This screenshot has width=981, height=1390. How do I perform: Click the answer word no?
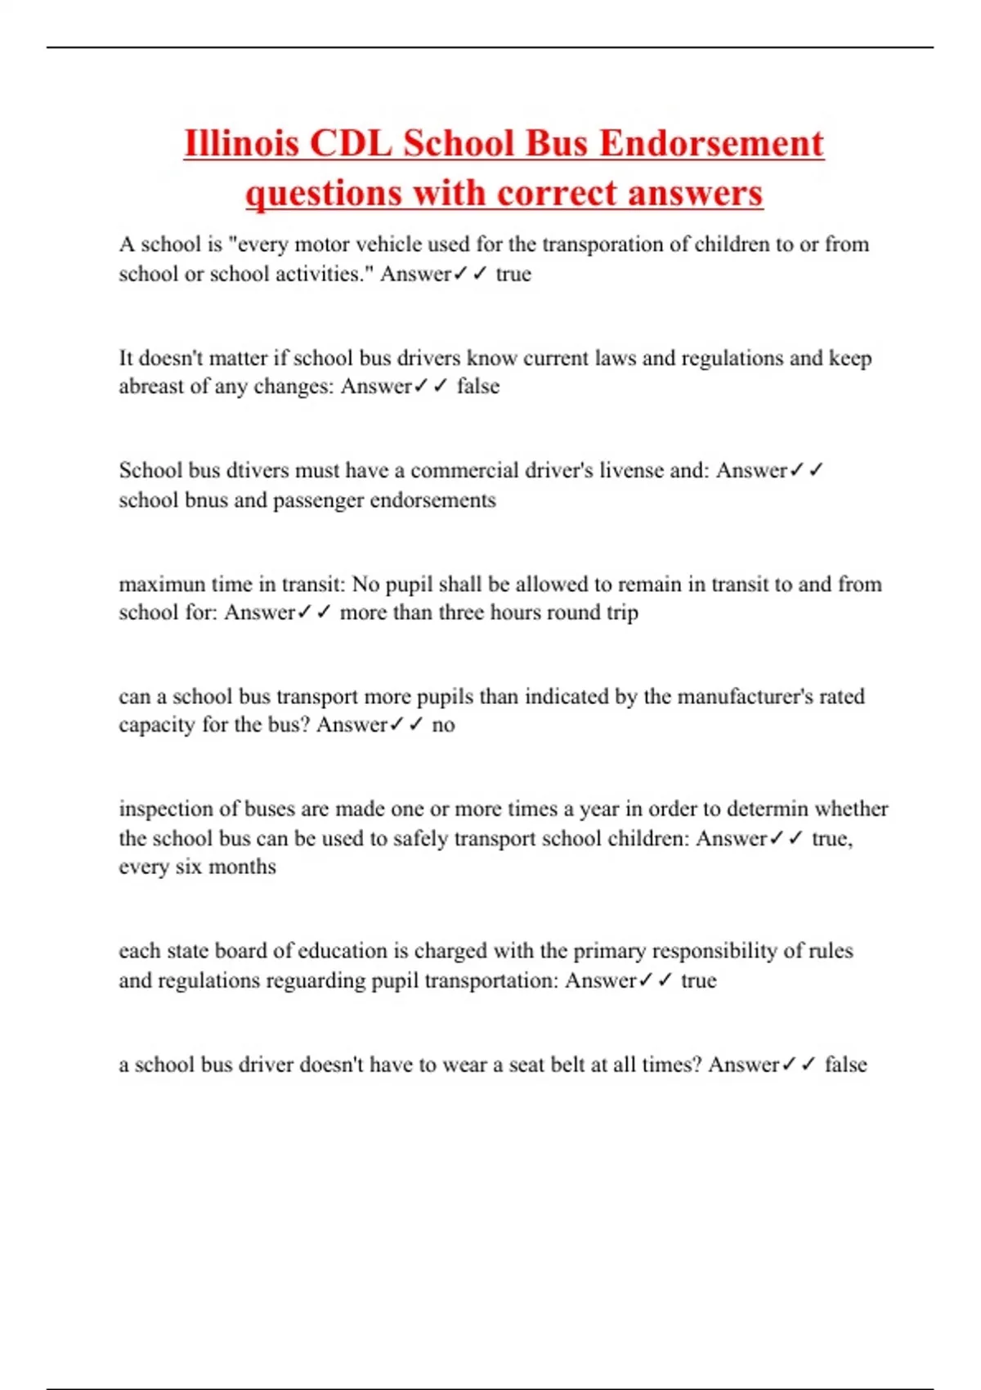pos(443,725)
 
